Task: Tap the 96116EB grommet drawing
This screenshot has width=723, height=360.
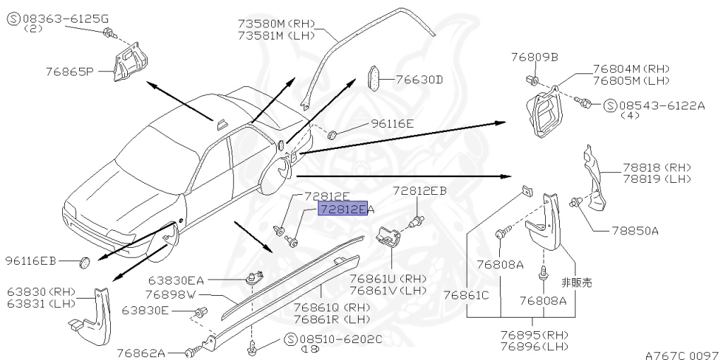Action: (x=84, y=263)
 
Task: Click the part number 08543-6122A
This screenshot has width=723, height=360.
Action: (x=662, y=106)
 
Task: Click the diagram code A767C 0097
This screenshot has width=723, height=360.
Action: (x=681, y=354)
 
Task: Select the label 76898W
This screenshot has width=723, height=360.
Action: (x=169, y=294)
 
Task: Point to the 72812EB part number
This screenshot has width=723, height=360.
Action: (x=419, y=191)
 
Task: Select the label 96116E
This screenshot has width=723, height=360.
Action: (x=393, y=124)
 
